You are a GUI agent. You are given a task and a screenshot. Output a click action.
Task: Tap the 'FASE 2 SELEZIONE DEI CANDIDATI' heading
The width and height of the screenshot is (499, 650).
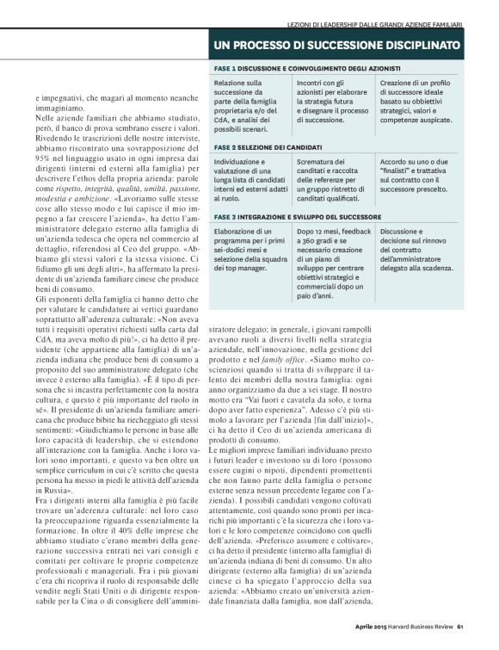[x=269, y=147]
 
